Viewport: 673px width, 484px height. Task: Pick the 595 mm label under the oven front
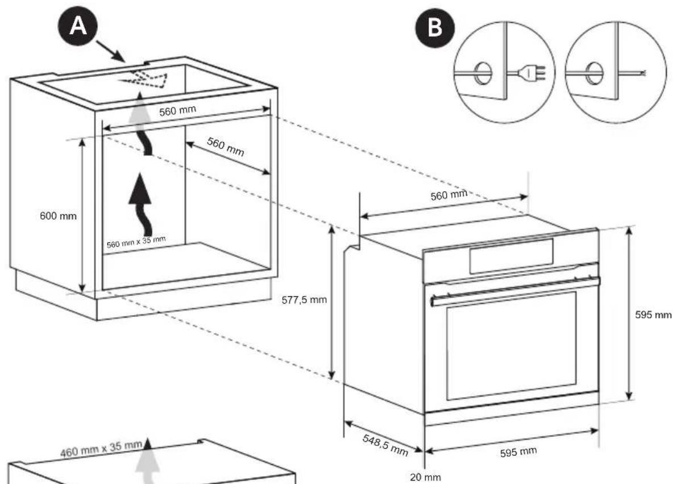coord(518,452)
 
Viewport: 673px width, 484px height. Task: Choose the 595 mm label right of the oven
coord(653,315)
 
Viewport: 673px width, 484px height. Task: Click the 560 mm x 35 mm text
coord(136,241)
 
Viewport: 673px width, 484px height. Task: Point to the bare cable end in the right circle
coord(641,73)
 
